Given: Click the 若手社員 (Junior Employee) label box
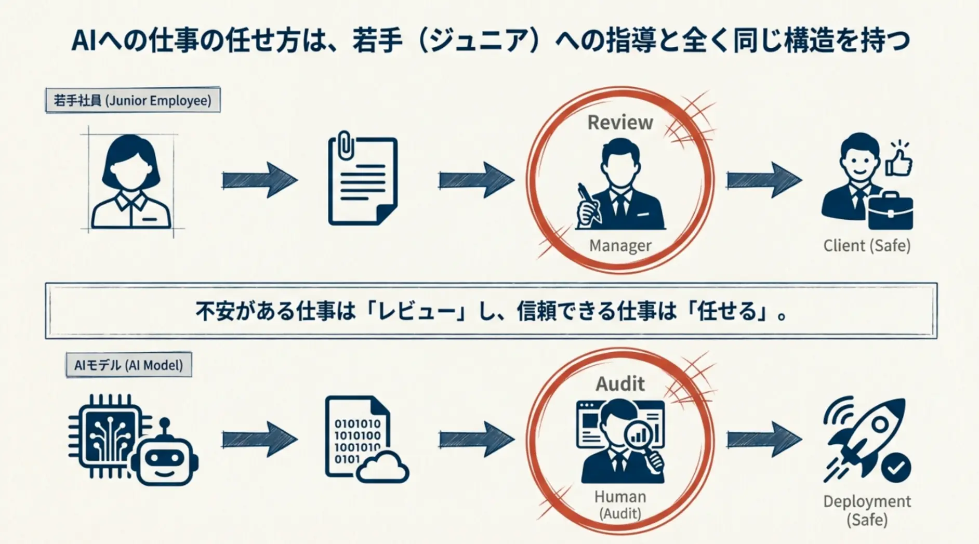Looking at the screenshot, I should (x=133, y=100).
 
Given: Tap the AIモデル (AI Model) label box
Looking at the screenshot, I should (x=128, y=365).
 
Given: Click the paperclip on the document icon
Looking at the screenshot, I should (x=345, y=145).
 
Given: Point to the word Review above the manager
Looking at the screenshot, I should (x=620, y=123).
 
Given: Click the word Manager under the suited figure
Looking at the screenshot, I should (x=620, y=245).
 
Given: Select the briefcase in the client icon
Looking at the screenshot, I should (x=890, y=211).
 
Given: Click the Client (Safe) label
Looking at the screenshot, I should (x=867, y=245).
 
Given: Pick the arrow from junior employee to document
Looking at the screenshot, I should (x=259, y=180).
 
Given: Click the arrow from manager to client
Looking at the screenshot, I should (x=763, y=180).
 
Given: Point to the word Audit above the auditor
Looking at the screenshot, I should (x=620, y=384).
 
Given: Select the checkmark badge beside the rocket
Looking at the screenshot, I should (x=896, y=468).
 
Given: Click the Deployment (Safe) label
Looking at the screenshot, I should (x=867, y=510).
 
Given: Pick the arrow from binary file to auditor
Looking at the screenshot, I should (x=476, y=440).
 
